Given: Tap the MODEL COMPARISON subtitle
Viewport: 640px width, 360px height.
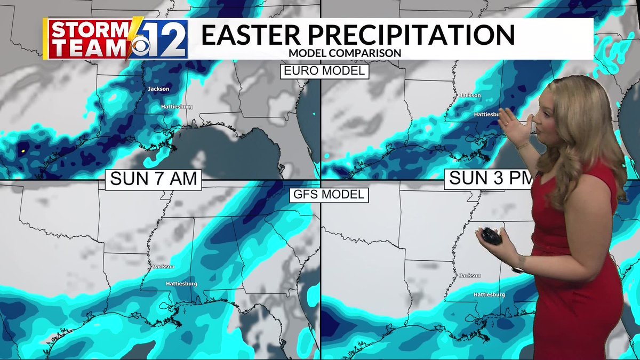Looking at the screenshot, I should click(345, 53).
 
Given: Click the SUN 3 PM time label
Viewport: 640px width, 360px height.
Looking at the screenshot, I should click(488, 178).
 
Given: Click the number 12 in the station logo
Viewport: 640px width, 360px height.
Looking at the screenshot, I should click(167, 38).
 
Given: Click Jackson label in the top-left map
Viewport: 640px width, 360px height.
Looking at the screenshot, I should click(158, 89).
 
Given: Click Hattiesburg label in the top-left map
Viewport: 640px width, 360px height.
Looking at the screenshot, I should click(177, 107).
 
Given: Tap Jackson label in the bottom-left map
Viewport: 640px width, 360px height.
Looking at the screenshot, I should click(164, 266).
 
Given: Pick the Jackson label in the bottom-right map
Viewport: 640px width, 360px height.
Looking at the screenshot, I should click(470, 276).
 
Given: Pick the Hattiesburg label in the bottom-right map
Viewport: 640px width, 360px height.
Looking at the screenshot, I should click(489, 294).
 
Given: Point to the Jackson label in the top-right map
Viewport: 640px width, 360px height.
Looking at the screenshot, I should click(470, 95).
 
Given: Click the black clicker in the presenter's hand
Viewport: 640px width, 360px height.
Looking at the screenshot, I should click(492, 236).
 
